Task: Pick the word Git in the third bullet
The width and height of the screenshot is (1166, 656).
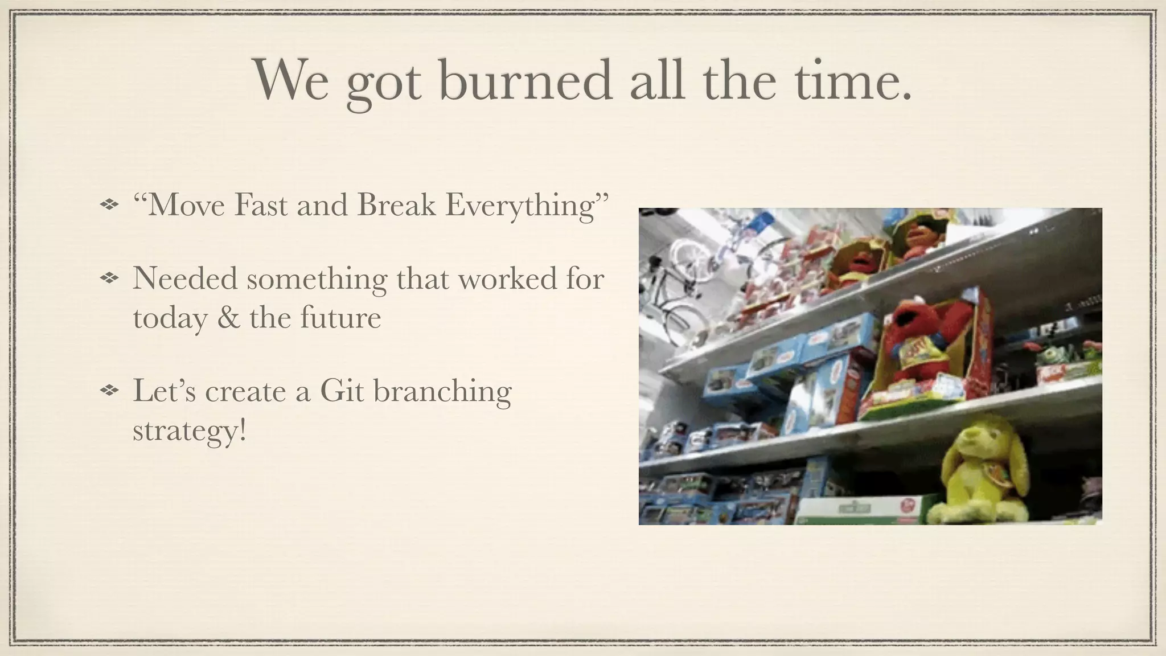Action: [342, 391]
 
